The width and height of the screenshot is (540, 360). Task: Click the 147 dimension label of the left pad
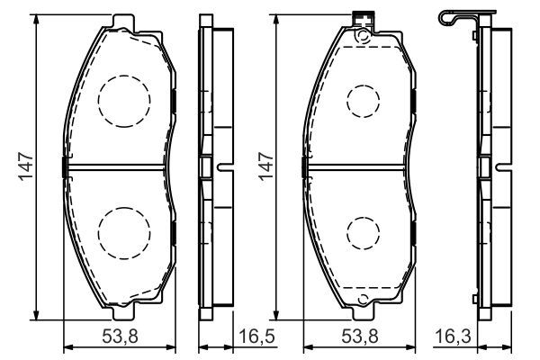(26, 166)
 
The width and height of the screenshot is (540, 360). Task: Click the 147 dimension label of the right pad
(266, 166)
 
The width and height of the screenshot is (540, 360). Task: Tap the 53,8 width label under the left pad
(121, 337)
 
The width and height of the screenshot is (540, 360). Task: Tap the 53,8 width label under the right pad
(360, 337)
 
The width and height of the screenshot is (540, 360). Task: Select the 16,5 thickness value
(256, 337)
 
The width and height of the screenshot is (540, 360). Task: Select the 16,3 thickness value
(453, 337)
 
